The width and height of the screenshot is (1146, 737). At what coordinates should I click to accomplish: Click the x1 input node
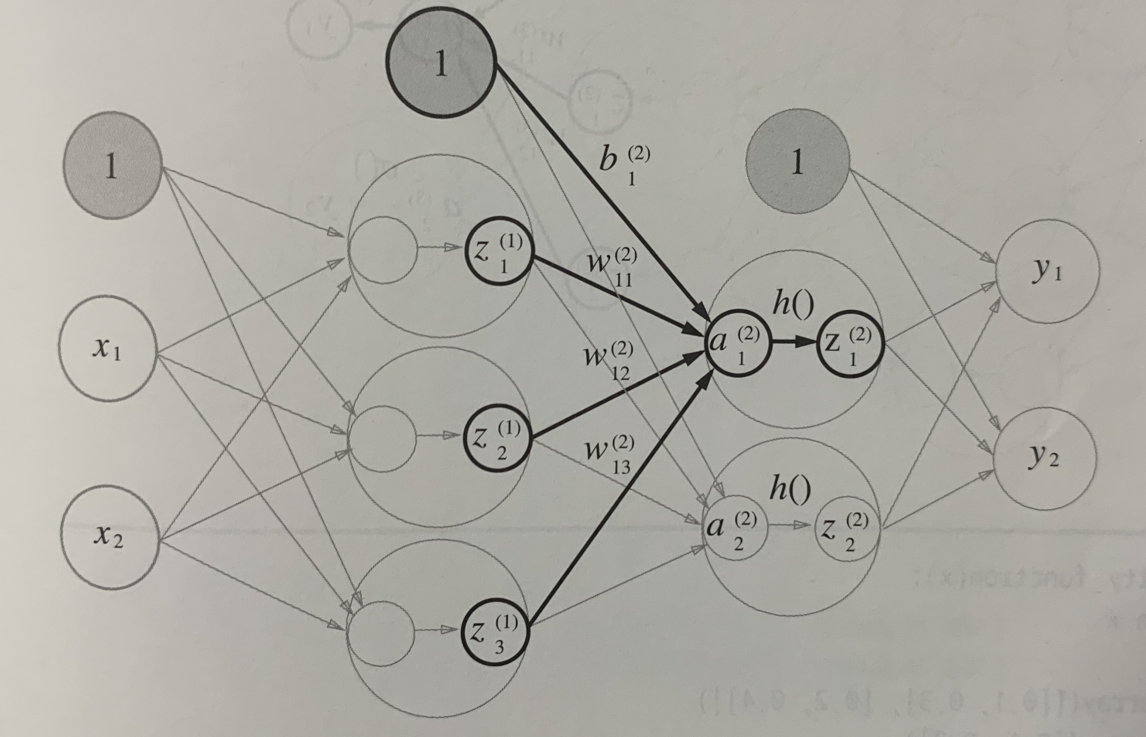[x=108, y=348]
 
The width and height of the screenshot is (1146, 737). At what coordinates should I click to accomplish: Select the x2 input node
[x=109, y=537]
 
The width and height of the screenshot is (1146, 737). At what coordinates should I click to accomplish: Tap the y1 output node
[x=1047, y=271]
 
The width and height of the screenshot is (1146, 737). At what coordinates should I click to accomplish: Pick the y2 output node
[x=1044, y=458]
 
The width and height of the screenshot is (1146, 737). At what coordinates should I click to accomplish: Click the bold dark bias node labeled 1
[x=441, y=63]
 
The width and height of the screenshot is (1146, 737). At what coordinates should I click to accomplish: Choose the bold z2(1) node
[x=497, y=438]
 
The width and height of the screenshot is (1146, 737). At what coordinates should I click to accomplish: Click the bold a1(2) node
[x=738, y=344]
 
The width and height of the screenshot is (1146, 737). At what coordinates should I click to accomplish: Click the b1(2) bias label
[x=623, y=165]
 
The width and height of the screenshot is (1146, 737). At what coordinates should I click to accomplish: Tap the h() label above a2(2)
[x=790, y=490]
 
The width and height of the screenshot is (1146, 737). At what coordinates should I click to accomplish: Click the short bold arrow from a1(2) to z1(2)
[x=795, y=343]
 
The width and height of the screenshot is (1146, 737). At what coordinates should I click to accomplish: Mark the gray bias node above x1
[x=112, y=166]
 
